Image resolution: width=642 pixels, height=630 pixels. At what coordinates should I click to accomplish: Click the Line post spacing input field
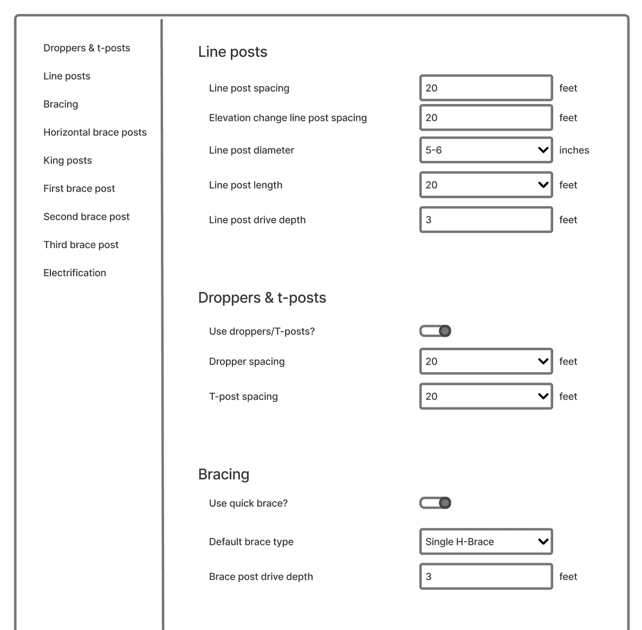pyautogui.click(x=486, y=88)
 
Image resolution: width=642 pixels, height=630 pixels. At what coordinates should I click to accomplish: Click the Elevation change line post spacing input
pyautogui.click(x=486, y=118)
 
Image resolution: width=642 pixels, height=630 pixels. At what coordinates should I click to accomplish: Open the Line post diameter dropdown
pyautogui.click(x=486, y=150)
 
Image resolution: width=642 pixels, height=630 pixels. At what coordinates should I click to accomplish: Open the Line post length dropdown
pyautogui.click(x=486, y=185)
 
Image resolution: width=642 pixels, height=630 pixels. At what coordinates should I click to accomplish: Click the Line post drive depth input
pyautogui.click(x=486, y=219)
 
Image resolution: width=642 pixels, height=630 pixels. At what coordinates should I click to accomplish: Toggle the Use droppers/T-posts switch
pyautogui.click(x=436, y=331)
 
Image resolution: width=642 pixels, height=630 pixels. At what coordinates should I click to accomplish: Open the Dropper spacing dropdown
pyautogui.click(x=486, y=361)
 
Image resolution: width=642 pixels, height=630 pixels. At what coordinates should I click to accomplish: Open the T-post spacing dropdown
pyautogui.click(x=486, y=396)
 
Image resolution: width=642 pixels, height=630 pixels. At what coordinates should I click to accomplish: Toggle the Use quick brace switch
pyautogui.click(x=436, y=503)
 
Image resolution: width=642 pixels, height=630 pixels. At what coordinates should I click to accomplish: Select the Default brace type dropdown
pyautogui.click(x=486, y=542)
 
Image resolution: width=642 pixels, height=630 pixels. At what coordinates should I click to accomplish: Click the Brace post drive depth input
pyautogui.click(x=486, y=576)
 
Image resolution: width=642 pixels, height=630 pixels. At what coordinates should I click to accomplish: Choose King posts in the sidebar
pyautogui.click(x=68, y=160)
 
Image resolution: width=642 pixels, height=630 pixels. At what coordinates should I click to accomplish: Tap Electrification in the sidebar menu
pyautogui.click(x=75, y=273)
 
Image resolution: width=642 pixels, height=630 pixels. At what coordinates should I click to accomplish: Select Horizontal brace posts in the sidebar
pyautogui.click(x=95, y=132)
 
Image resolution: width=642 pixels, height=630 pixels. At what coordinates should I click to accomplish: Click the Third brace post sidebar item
pyautogui.click(x=81, y=245)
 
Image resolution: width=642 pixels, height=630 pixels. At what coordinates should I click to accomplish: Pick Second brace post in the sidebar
pyautogui.click(x=86, y=217)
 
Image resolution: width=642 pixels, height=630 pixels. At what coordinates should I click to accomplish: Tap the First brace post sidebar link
pyautogui.click(x=79, y=189)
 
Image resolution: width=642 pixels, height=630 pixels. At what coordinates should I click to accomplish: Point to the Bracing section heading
pyautogui.click(x=224, y=474)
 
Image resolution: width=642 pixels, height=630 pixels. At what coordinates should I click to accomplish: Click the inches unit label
pyautogui.click(x=574, y=150)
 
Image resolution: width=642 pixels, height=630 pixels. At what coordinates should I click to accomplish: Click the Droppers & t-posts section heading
pyautogui.click(x=262, y=297)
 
